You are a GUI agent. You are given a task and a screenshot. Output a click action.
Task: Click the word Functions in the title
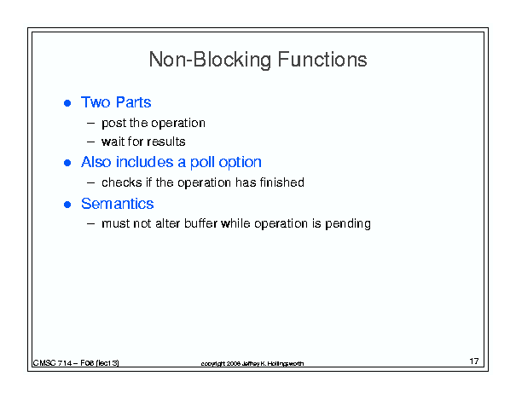(x=322, y=60)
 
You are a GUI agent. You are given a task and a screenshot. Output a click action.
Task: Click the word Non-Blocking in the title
(x=211, y=60)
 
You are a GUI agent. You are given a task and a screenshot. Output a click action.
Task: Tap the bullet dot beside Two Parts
(x=67, y=103)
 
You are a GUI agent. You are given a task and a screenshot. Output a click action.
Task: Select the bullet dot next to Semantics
(x=67, y=205)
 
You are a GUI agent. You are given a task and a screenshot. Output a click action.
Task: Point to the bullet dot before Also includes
(x=67, y=163)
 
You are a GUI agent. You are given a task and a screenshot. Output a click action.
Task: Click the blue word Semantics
(x=118, y=204)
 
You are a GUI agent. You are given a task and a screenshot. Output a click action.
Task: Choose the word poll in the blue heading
(x=202, y=163)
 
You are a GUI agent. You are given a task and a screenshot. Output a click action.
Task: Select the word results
(x=166, y=142)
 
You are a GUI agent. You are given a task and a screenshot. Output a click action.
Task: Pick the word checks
(x=121, y=182)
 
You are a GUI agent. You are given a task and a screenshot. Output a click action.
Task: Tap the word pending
(x=348, y=224)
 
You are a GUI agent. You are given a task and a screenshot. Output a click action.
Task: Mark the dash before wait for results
(x=90, y=142)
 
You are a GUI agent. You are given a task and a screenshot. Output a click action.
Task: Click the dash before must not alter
(x=90, y=223)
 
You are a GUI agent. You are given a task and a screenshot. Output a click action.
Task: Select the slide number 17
(x=474, y=361)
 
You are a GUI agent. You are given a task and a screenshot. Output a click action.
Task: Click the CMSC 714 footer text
(x=76, y=363)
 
